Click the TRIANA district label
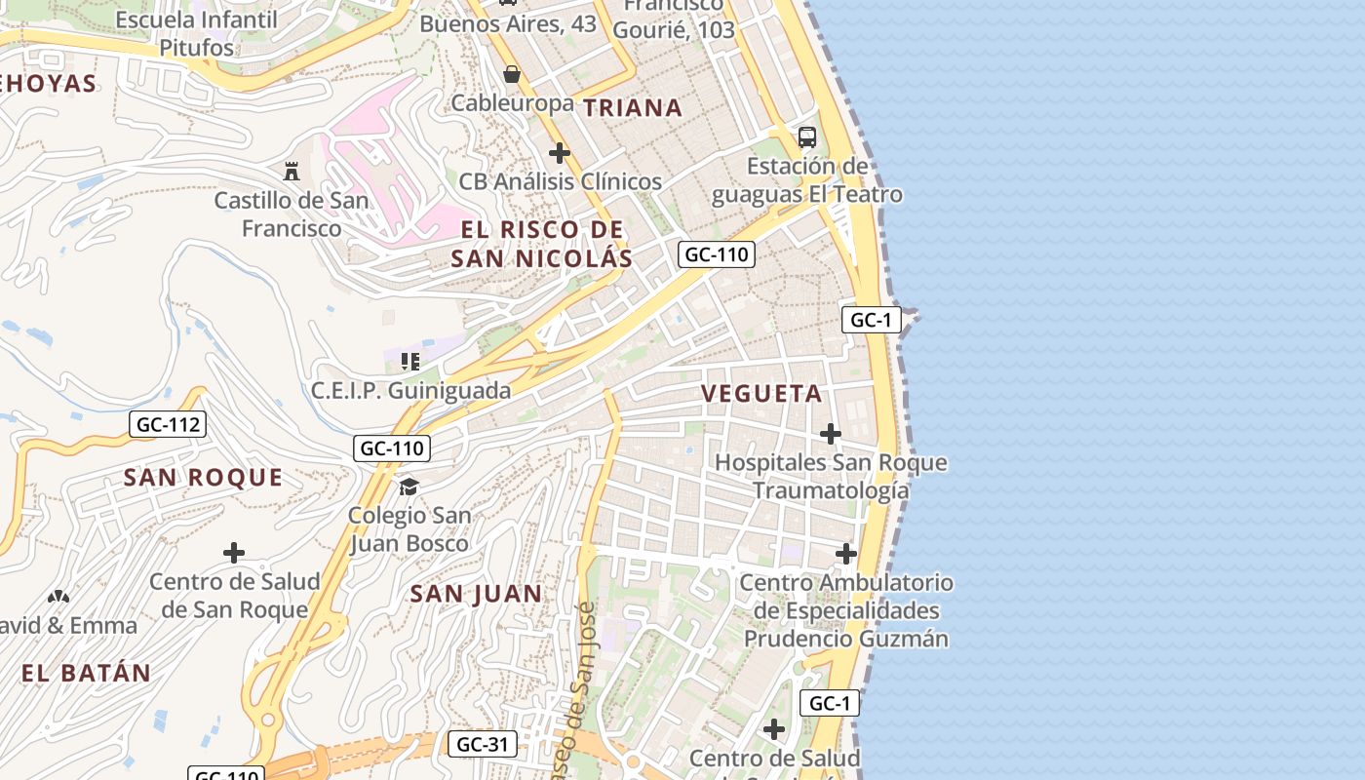633,108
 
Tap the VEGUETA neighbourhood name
761,394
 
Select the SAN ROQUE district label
203,478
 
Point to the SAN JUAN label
476,594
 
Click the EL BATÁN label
87,673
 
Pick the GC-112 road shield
168,424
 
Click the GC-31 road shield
483,745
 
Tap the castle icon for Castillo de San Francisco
292,171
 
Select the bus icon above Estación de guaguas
807,136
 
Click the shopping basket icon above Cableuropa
511,74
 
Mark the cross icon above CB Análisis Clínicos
560,152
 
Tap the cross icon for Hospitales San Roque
831,433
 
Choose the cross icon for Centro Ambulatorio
846,554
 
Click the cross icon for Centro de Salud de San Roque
234,553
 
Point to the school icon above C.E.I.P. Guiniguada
410,362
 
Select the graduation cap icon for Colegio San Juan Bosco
409,486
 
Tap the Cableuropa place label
512,103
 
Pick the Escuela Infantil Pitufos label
196,33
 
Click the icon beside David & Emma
58,596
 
